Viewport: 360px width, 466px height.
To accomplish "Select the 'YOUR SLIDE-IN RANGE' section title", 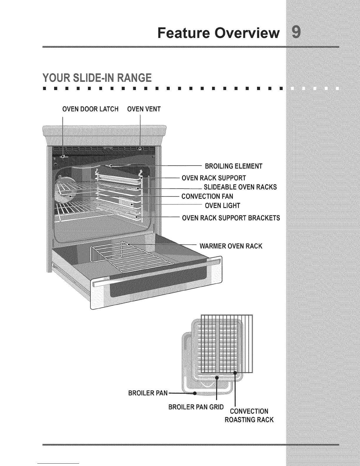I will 97,79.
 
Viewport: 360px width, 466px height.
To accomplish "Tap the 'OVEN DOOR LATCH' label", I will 90,109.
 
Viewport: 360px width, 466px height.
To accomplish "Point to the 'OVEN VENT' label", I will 144,109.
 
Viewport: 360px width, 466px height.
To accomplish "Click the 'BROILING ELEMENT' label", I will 234,167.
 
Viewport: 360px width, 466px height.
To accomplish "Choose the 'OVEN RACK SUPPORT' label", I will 214,178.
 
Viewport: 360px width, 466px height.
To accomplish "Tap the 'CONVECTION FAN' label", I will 207,196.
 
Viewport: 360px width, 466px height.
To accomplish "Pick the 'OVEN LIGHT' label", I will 222,205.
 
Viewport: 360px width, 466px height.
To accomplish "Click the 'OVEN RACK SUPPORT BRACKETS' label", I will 231,218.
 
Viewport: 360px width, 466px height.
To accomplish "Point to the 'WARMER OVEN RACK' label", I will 231,246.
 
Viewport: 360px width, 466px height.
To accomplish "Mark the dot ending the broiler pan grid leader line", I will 217,377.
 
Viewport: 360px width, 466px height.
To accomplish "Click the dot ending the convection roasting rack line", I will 235,373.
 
